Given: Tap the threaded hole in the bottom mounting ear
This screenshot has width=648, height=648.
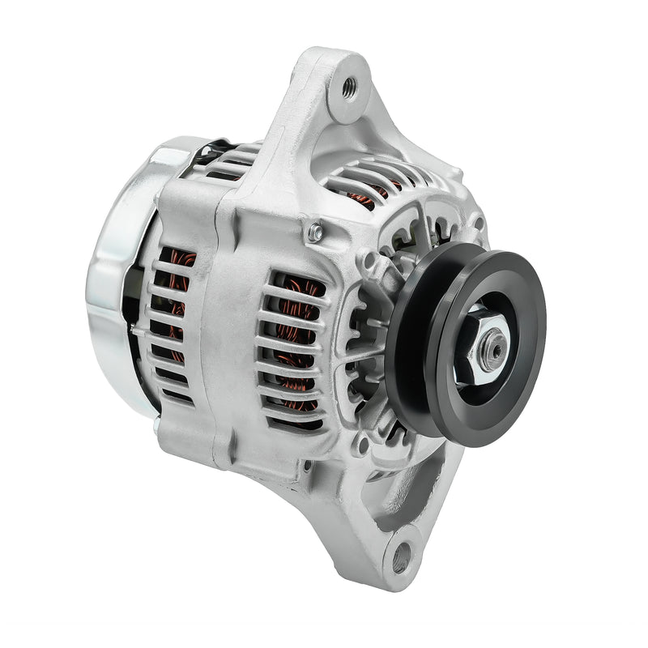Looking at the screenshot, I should [400, 557].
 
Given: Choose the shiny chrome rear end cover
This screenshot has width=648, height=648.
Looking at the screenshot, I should [113, 267].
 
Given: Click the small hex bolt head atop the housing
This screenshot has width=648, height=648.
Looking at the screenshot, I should [316, 233].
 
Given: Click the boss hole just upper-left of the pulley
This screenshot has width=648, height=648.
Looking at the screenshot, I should [369, 260].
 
